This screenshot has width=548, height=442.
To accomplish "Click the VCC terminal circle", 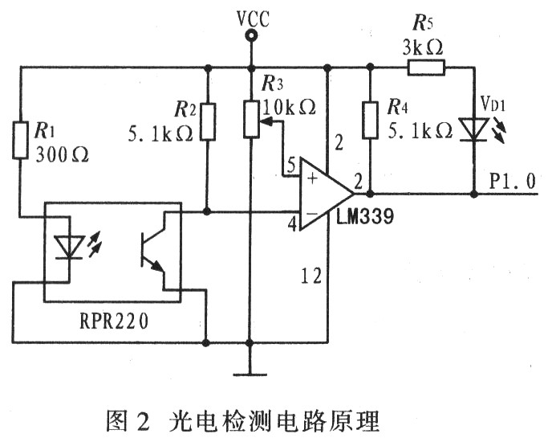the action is tap(251, 35).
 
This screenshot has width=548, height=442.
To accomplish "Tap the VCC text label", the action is tap(253, 18).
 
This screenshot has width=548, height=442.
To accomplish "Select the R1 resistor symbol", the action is tap(20, 140).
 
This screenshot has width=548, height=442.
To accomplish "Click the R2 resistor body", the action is tap(208, 122).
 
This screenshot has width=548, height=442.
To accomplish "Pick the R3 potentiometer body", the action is tap(251, 118).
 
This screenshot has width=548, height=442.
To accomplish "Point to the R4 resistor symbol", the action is tap(370, 120).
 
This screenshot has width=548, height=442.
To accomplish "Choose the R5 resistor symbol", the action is tap(426, 68).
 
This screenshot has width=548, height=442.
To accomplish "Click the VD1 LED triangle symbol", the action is tap(474, 129).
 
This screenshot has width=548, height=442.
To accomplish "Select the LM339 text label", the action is tap(365, 217).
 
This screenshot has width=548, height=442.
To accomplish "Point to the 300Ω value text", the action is tap(62, 155).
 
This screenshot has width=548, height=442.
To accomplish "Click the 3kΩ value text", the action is tap(423, 48).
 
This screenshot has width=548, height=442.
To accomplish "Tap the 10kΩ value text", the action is tap(289, 107).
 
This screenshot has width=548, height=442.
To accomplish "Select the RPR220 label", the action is tap(114, 321).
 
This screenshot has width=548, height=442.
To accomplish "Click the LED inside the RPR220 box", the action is tap(69, 248).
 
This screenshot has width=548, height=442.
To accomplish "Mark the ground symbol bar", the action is tap(250, 374).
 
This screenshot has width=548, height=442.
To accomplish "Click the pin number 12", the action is tap(311, 276).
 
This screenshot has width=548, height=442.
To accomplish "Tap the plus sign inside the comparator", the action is tap(312, 179).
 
